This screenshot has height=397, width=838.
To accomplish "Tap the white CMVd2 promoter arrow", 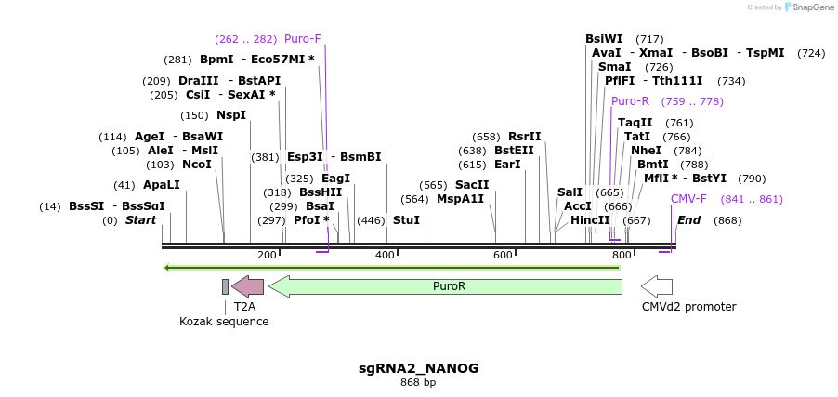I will pyautogui.click(x=657, y=285).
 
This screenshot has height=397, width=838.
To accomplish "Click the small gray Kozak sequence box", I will pyautogui.click(x=225, y=285).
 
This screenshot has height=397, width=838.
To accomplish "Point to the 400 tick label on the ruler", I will pyautogui.click(x=385, y=255).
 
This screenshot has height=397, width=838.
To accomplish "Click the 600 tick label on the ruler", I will pyautogui.click(x=503, y=255).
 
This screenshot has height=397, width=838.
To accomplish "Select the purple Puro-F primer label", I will pyautogui.click(x=303, y=39).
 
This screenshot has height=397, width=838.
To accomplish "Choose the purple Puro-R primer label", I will pyautogui.click(x=630, y=101).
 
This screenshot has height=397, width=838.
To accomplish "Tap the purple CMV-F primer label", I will pyautogui.click(x=688, y=199).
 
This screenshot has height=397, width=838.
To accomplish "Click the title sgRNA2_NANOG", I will pyautogui.click(x=418, y=368).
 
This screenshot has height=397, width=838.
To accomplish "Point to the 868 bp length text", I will pyautogui.click(x=418, y=382).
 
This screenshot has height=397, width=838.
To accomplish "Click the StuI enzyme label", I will pyautogui.click(x=406, y=220).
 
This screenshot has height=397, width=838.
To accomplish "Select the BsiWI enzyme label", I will pyautogui.click(x=604, y=39).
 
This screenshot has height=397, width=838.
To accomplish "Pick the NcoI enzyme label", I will pyautogui.click(x=197, y=165).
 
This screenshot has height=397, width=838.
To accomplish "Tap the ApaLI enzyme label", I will pyautogui.click(x=162, y=185).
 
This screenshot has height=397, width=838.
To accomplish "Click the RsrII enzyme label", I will pyautogui.click(x=524, y=137).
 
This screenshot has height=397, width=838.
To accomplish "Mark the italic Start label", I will pyautogui.click(x=140, y=220).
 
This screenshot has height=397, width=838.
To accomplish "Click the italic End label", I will pyautogui.click(x=688, y=220).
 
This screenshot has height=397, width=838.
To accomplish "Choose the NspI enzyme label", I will pyautogui.click(x=231, y=115).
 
